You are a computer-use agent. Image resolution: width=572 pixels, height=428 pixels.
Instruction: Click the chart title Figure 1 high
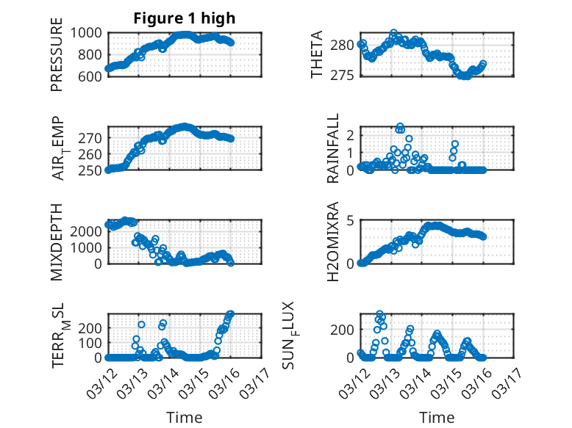(x=185, y=18)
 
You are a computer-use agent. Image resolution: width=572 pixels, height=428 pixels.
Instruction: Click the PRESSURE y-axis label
(x=57, y=59)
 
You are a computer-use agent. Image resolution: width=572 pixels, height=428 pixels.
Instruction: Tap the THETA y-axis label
(x=317, y=54)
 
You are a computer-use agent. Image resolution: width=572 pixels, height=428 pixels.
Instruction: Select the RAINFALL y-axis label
(x=333, y=149)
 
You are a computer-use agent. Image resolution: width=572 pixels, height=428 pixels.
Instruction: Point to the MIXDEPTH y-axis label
(x=57, y=242)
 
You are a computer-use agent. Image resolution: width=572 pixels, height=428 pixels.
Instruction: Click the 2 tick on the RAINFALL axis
(x=351, y=135)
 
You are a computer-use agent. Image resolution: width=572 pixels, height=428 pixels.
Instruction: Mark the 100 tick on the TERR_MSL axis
(x=93, y=343)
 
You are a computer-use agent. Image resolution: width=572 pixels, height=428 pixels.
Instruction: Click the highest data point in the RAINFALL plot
(x=400, y=127)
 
